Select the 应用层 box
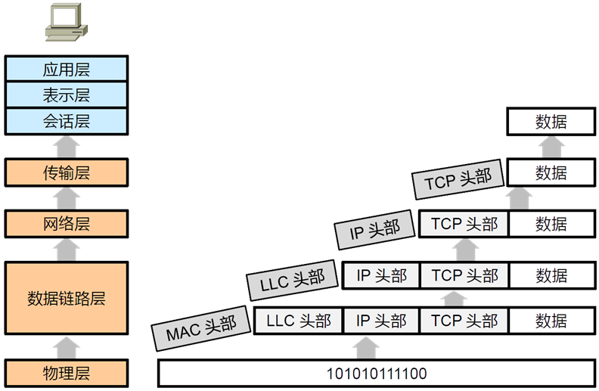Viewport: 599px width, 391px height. [x=67, y=69]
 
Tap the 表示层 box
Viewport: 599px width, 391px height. [x=67, y=95]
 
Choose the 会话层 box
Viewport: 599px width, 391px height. [x=67, y=120]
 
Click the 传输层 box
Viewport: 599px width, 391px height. [x=67, y=172]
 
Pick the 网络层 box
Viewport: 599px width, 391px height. [x=67, y=224]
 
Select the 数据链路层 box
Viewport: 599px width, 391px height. [x=67, y=297]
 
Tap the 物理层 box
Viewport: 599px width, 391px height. [x=67, y=373]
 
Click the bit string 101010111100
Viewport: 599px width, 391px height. [x=377, y=374]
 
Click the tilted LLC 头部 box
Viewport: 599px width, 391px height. [x=292, y=281]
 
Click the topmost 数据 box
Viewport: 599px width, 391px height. [x=551, y=121]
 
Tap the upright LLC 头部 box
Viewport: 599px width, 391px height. [x=299, y=321]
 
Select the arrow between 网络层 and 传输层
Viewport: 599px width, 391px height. [x=67, y=198]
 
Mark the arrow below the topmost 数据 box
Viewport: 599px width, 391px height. [x=551, y=147]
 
